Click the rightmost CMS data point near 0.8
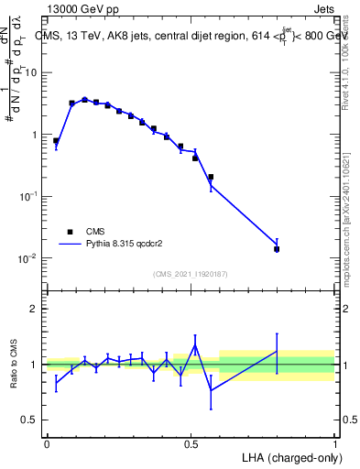pyautogui.click(x=277, y=249)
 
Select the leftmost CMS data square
pyautogui.click(x=56, y=141)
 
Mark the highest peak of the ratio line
pyautogui.click(x=195, y=345)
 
